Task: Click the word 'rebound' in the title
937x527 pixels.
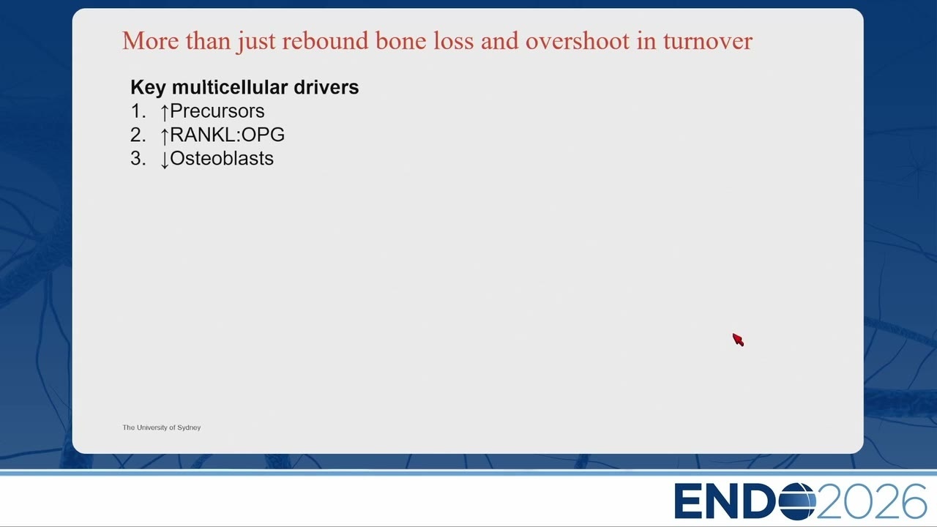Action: [x=326, y=41]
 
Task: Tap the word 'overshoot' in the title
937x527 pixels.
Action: [x=578, y=41]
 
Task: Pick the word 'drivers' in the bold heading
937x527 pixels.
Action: [x=326, y=87]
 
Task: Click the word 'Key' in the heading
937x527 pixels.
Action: [x=148, y=87]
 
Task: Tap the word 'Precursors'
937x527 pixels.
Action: [x=217, y=111]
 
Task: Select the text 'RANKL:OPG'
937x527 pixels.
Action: [x=227, y=135]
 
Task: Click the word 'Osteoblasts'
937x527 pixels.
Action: [x=222, y=158]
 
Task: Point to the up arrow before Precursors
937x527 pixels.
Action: [x=165, y=112]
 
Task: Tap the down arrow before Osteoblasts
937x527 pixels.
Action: [x=165, y=160]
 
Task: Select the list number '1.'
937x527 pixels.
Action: [x=138, y=111]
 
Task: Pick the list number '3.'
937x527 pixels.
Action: [x=138, y=158]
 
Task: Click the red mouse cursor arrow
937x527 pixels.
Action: [x=738, y=340]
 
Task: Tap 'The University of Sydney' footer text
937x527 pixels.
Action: [x=162, y=427]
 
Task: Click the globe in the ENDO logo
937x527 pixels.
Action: [x=797, y=501]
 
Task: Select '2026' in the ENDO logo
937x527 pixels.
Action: [x=872, y=501]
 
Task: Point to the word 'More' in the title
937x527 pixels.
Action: [x=150, y=41]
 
